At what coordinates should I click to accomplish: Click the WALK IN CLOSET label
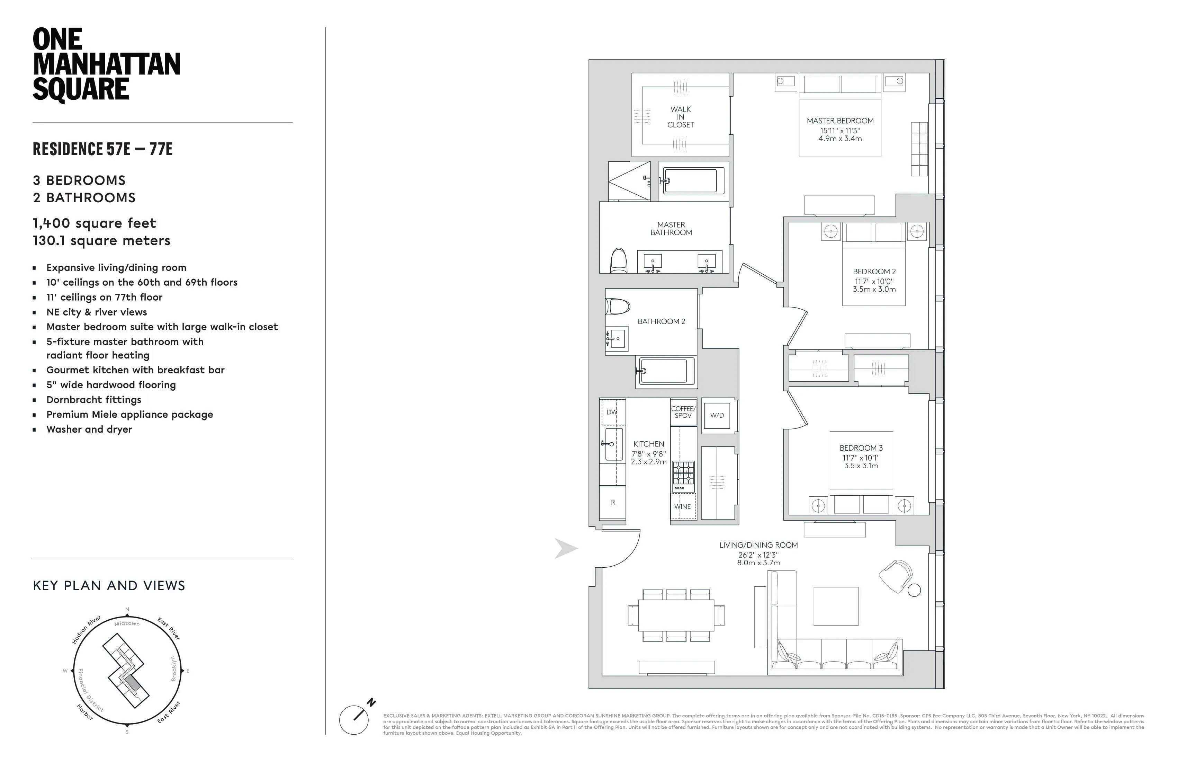coord(681,117)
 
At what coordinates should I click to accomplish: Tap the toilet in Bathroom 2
coord(616,306)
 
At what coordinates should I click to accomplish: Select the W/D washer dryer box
coord(717,416)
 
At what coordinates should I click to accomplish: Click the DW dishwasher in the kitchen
coord(612,412)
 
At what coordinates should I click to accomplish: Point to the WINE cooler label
coord(682,507)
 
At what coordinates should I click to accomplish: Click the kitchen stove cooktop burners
coord(683,473)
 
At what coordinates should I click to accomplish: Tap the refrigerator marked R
coord(613,502)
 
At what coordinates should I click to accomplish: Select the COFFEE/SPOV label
coord(683,412)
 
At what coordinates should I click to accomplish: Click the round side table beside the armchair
coord(914,590)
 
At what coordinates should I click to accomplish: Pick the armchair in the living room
coord(896,575)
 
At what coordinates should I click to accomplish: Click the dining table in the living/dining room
coord(676,615)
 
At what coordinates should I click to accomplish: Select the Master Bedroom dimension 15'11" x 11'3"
coord(840,131)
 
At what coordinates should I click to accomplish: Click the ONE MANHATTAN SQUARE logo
coord(106,64)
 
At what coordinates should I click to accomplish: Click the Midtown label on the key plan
coord(127,623)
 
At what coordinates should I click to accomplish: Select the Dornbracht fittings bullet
coord(94,400)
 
